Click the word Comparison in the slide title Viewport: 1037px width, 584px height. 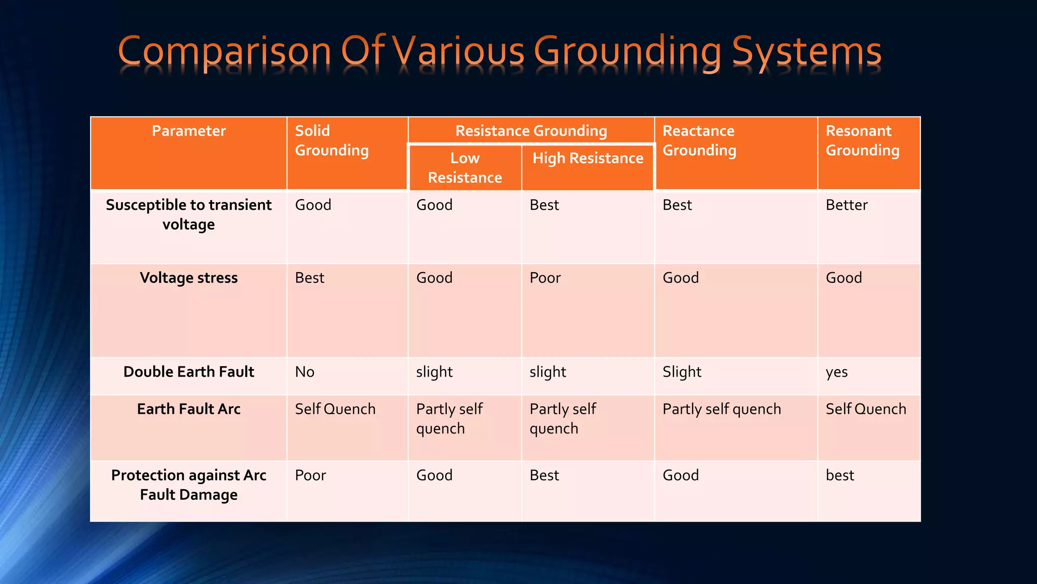pos(224,52)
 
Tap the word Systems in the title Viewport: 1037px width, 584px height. pos(807,52)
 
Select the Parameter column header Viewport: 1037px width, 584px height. pos(188,131)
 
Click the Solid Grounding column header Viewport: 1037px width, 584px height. pos(332,140)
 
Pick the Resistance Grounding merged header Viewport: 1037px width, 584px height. pos(531,131)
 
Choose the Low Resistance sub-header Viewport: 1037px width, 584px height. pos(465,168)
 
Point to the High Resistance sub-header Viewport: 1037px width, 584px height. pos(587,158)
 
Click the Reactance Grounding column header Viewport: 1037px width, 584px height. pos(699,140)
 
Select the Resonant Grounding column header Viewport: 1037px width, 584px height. pos(862,140)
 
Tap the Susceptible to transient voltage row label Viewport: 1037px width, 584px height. pos(188,214)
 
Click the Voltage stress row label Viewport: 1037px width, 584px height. pos(188,278)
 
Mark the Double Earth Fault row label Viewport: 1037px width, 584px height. pos(188,372)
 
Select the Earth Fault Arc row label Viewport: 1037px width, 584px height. pos(188,409)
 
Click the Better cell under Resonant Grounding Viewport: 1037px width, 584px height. pos(846,205)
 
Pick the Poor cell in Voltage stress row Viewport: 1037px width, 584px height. pos(545,278)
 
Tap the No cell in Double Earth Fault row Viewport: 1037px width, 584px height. pos(304,372)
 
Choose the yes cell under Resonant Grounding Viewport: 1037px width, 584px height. pos(836,372)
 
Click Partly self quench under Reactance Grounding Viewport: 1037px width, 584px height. pos(721,409)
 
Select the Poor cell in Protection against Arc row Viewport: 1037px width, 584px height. pos(310,476)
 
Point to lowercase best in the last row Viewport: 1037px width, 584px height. pos(840,476)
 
